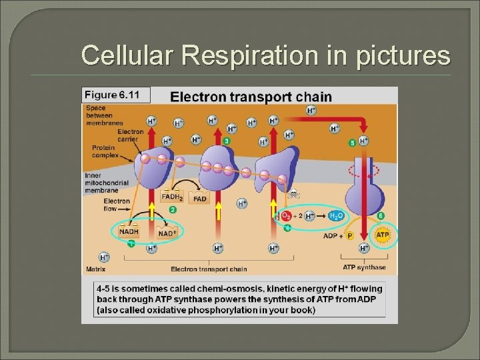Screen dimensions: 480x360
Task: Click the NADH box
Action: (x=129, y=231)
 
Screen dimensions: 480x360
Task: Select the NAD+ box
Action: (x=166, y=233)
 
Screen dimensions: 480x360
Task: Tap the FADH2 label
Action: (x=171, y=197)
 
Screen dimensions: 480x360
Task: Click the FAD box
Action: (x=199, y=198)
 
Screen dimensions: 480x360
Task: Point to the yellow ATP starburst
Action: (x=383, y=235)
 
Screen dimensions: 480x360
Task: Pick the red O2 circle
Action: (x=285, y=216)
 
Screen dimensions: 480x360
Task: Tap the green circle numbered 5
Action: (x=352, y=143)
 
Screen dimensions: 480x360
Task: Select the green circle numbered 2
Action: (x=173, y=209)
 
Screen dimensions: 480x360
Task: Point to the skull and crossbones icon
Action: (x=293, y=195)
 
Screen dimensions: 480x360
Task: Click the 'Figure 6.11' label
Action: (x=115, y=95)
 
